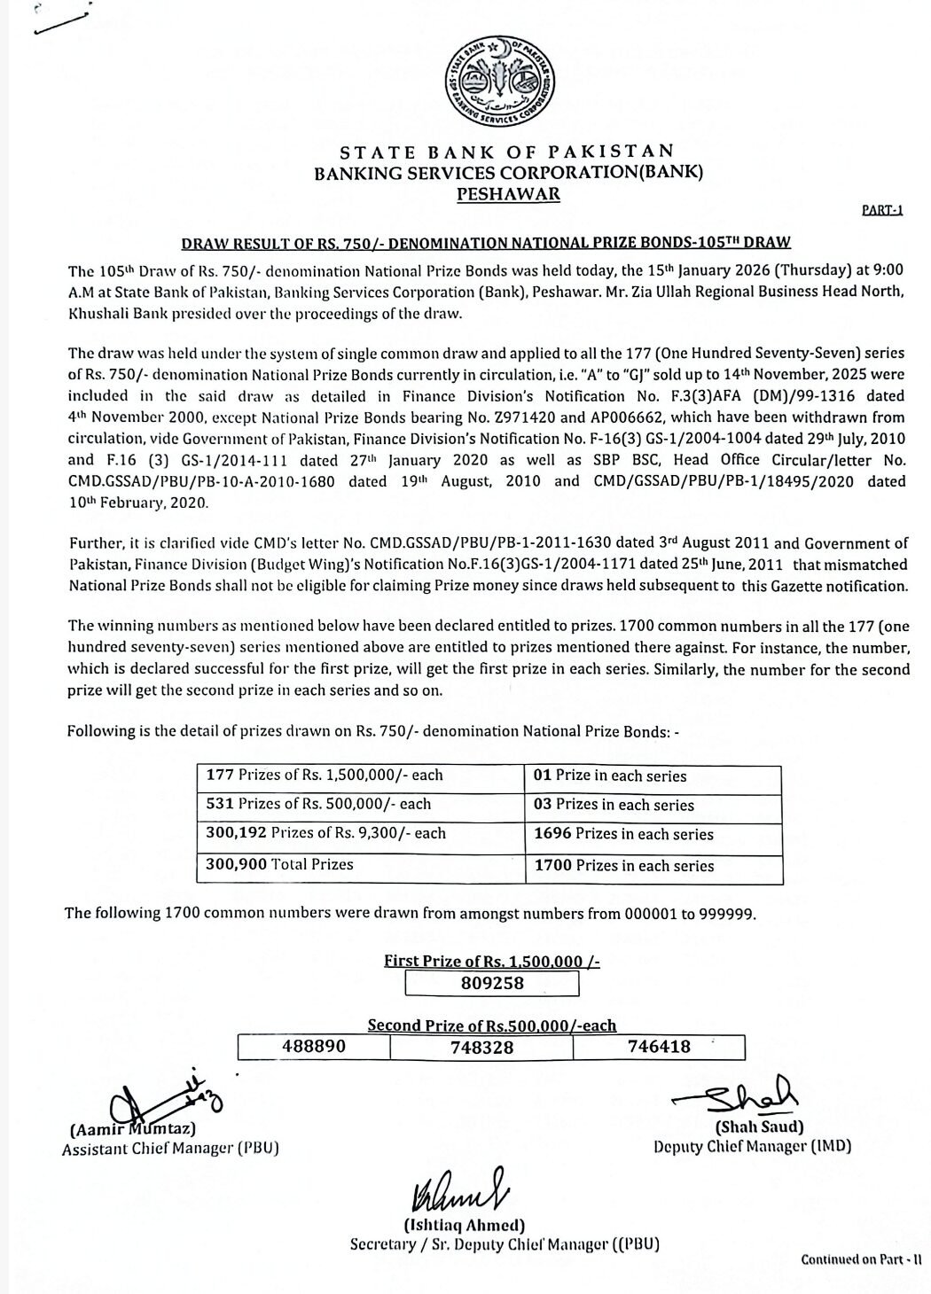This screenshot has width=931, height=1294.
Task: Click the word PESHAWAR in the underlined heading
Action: pos(508,194)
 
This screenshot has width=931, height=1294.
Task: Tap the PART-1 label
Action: pos(881,211)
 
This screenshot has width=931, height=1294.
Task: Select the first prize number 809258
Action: pos(492,983)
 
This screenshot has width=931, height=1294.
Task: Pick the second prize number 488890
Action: pos(313,1046)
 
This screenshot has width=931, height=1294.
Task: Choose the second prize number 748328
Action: pos(482,1047)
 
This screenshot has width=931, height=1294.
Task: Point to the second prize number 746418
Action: pos(659,1046)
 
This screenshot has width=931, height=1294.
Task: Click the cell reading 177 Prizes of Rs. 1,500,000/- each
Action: pos(325,775)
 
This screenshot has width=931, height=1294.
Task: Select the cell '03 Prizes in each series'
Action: pos(614,805)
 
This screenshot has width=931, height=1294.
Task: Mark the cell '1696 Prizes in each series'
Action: pos(623,834)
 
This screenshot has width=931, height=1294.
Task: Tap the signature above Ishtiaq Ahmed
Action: pos(458,1197)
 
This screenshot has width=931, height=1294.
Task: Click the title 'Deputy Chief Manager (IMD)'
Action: pos(752,1146)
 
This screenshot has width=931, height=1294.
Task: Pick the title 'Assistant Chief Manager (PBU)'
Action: pos(170,1149)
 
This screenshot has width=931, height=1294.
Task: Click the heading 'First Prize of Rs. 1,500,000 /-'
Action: pos(492,961)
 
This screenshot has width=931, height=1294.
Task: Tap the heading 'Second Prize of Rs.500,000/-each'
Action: pos(492,1025)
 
